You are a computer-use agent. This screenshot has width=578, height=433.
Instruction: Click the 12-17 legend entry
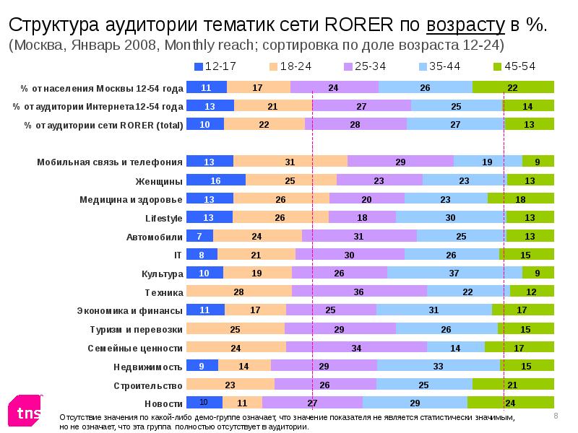[217, 66]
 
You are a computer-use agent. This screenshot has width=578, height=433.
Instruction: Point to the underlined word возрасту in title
[465, 24]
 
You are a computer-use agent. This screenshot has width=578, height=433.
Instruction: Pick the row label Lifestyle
[163, 217]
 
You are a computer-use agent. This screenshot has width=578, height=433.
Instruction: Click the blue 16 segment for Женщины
[216, 180]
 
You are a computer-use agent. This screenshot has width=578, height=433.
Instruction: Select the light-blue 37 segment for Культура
[454, 273]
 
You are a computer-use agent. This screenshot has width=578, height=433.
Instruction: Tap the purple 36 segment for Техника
[359, 292]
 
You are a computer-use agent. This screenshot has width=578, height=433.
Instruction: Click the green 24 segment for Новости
[511, 403]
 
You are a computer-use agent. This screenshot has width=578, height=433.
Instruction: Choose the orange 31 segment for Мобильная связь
[290, 162]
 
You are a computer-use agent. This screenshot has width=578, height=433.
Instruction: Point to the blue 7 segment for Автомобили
[199, 236]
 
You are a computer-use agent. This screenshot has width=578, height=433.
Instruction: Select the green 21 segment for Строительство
[513, 385]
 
